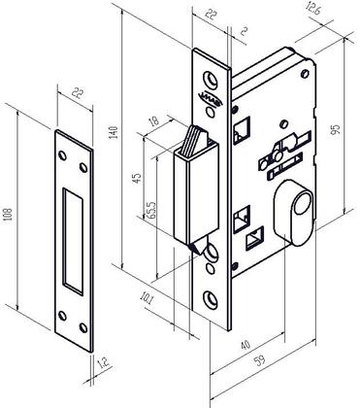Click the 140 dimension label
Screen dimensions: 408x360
click(x=115, y=134)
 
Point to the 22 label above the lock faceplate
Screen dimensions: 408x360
click(x=211, y=13)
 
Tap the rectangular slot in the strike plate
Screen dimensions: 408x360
click(x=71, y=240)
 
